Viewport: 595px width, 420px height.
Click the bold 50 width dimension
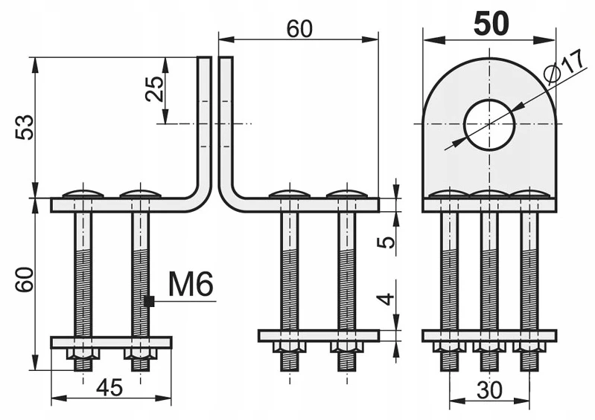[x=491, y=24]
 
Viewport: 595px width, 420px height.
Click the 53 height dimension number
[x=25, y=127]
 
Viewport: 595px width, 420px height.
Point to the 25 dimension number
[x=155, y=88]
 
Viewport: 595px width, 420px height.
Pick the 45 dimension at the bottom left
[x=109, y=388]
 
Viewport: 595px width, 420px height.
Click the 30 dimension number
[x=489, y=390]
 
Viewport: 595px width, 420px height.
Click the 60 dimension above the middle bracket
[x=299, y=29]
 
